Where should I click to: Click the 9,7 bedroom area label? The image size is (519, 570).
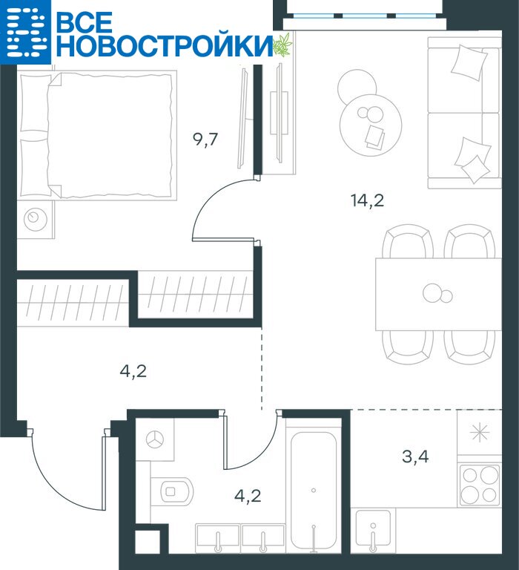pyautogui.click(x=205, y=140)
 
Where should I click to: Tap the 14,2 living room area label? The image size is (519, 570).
pyautogui.click(x=367, y=200)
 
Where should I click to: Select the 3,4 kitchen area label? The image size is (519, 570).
pyautogui.click(x=415, y=456)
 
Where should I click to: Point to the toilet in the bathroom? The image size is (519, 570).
pyautogui.click(x=172, y=491)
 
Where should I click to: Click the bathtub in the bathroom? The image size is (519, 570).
pyautogui.click(x=314, y=491)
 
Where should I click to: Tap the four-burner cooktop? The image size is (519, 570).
pyautogui.click(x=480, y=485)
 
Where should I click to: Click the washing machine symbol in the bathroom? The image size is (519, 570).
pyautogui.click(x=155, y=439)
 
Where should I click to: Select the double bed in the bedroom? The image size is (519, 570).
pyautogui.click(x=97, y=135)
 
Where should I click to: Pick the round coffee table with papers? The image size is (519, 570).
pyautogui.click(x=371, y=125)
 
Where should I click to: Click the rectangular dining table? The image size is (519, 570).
pyautogui.click(x=438, y=295)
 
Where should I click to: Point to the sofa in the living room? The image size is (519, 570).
pyautogui.click(x=465, y=113)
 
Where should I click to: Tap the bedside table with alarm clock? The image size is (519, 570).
pyautogui.click(x=36, y=219)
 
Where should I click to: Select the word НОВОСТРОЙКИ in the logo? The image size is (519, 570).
pyautogui.click(x=165, y=46)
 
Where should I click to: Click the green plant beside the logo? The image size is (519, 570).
pyautogui.click(x=282, y=45)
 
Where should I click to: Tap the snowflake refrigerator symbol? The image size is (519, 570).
pyautogui.click(x=480, y=433)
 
